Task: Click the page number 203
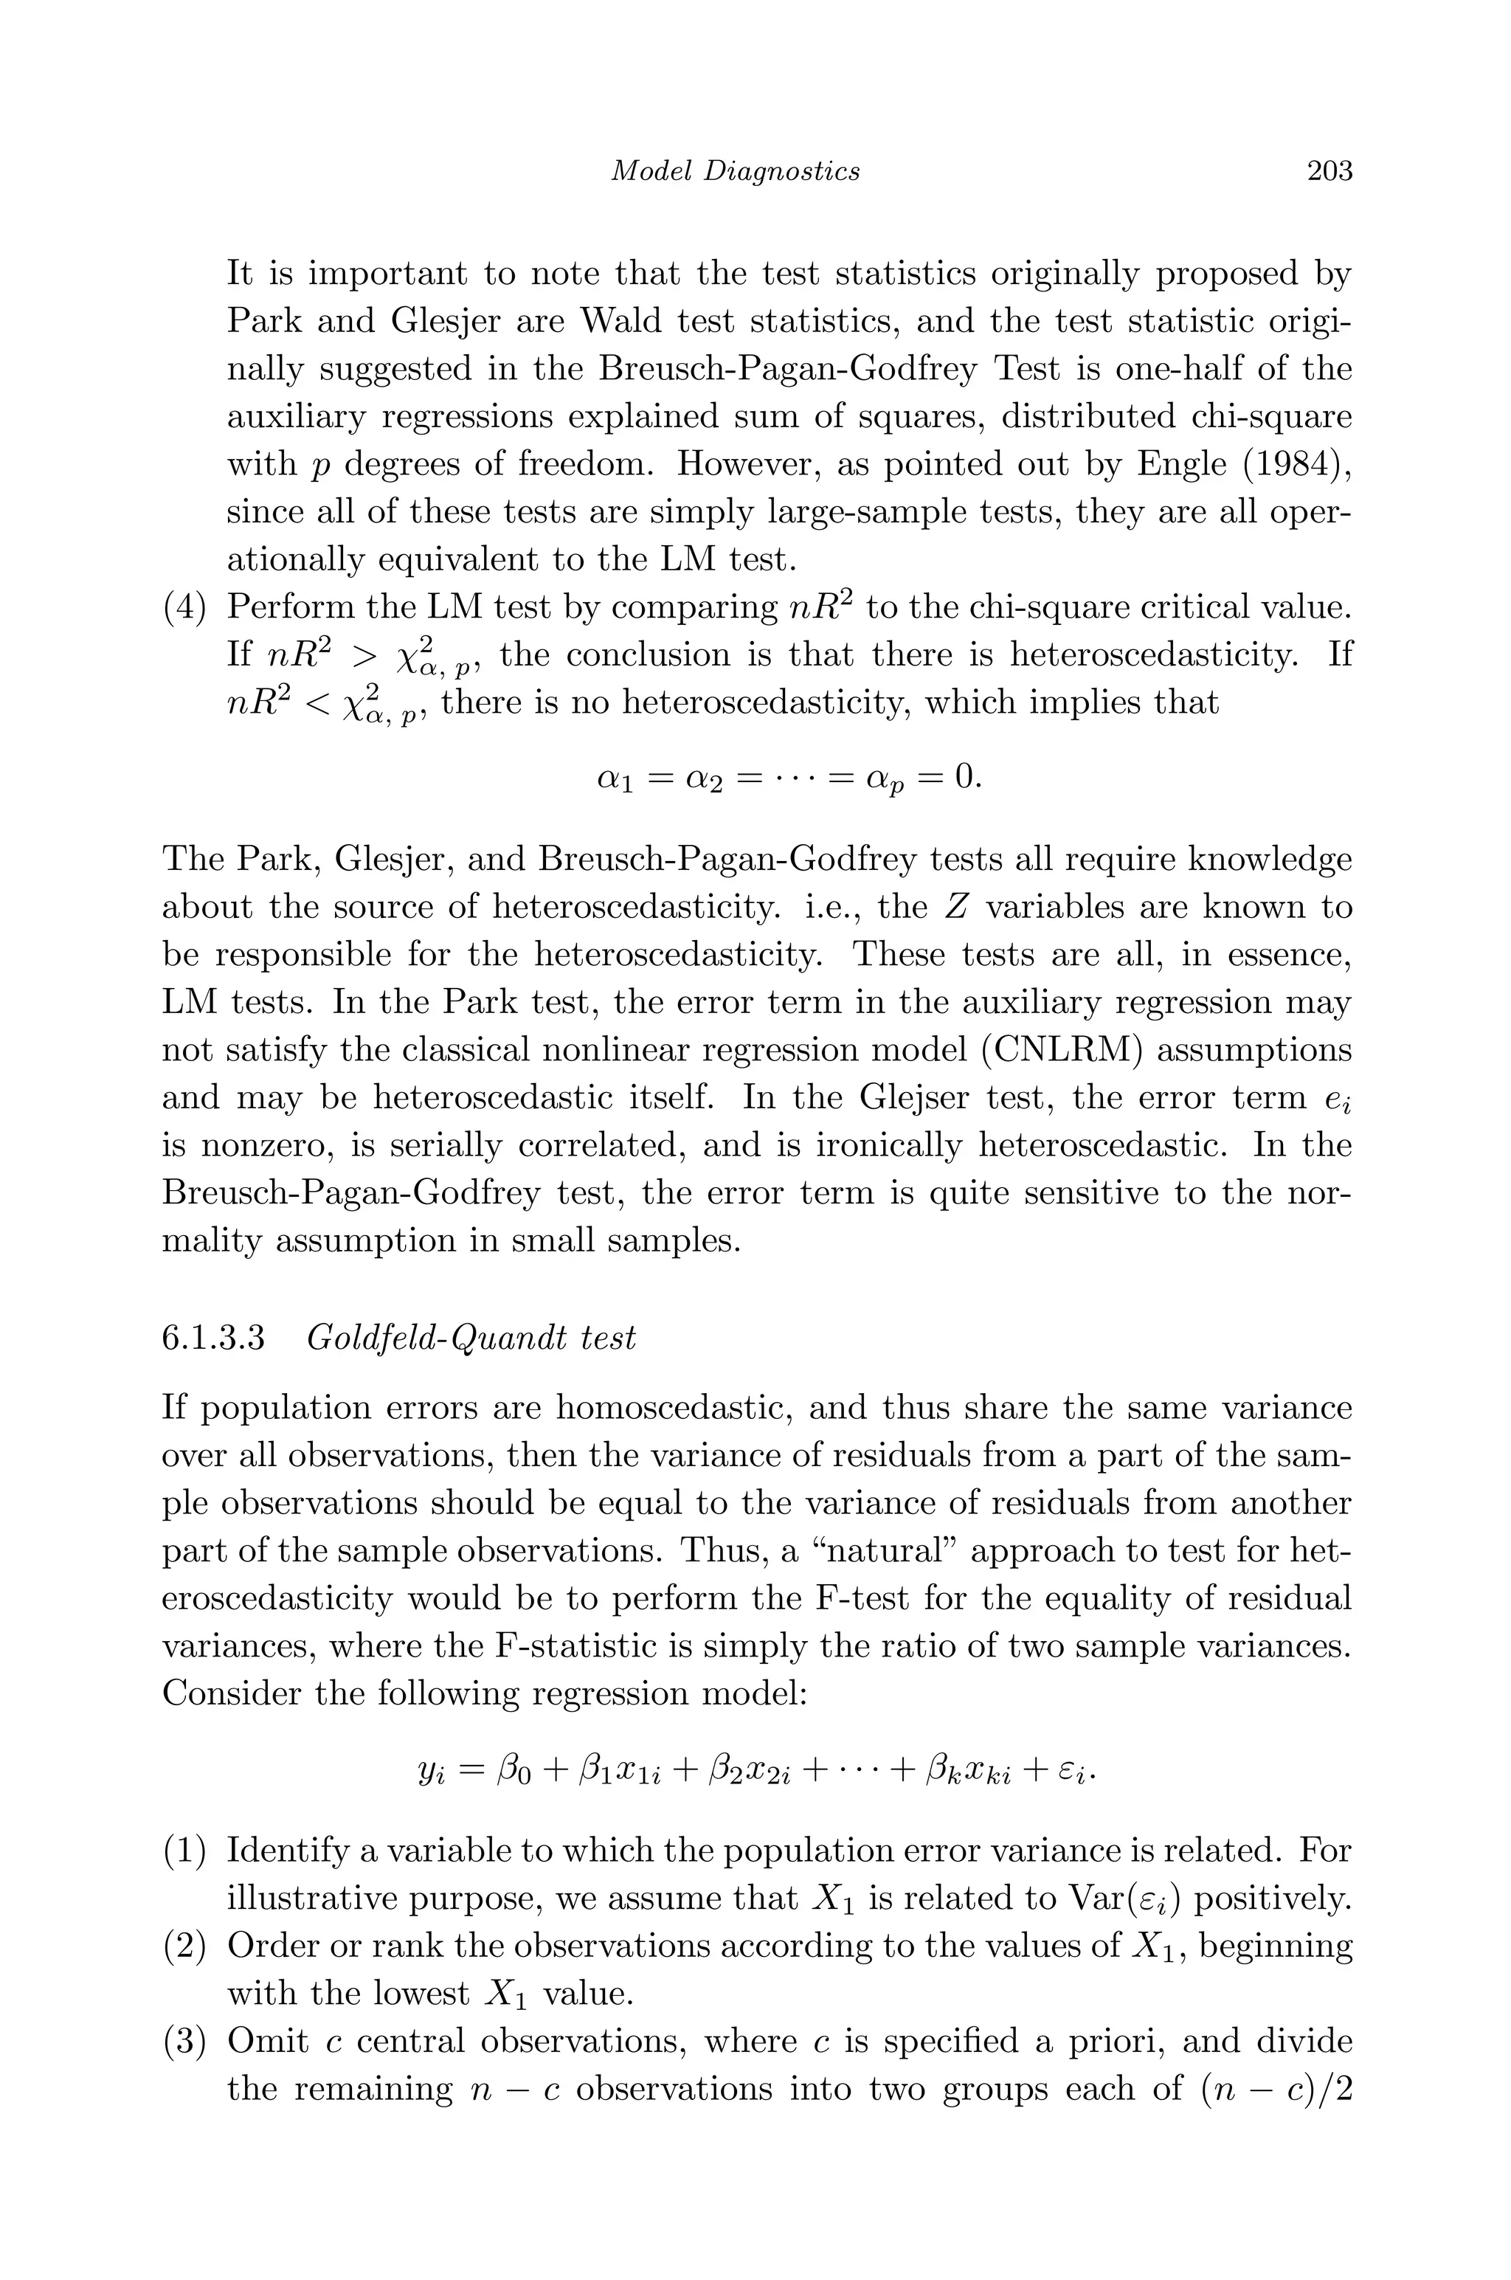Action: pyautogui.click(x=1329, y=171)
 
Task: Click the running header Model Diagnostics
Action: pyautogui.click(x=736, y=171)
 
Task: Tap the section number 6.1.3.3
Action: pyautogui.click(x=213, y=1338)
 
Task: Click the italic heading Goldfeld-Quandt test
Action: pyautogui.click(x=471, y=1338)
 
